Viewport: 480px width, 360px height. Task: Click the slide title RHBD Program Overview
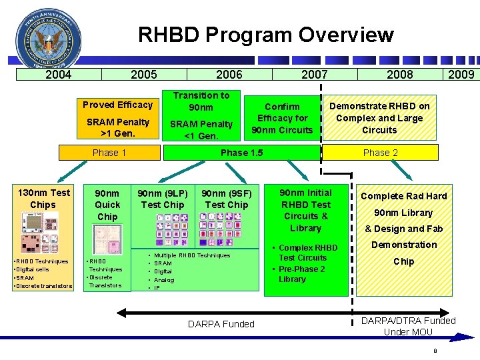[x=265, y=35]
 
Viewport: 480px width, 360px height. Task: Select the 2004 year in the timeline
[x=58, y=75]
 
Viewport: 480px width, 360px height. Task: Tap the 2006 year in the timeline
[x=229, y=75]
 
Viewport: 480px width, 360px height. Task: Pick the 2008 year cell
[x=399, y=75]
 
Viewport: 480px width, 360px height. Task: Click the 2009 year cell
[x=461, y=75]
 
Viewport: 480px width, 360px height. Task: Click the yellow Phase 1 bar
[x=109, y=153]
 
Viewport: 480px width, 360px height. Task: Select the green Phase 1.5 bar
[x=242, y=153]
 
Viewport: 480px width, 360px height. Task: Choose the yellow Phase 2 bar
[x=380, y=153]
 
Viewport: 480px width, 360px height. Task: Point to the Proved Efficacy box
[x=117, y=105]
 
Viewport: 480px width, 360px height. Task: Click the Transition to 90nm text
[x=201, y=101]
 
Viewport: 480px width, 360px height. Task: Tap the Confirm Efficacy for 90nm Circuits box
[x=282, y=118]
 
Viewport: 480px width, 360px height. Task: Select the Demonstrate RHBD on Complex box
[x=379, y=118]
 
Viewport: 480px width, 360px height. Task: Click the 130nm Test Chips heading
[x=43, y=199]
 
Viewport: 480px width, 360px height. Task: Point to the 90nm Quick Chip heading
[x=107, y=205]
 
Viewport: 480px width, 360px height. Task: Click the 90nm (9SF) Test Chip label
[x=227, y=199]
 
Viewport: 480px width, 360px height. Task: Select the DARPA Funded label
[x=221, y=324]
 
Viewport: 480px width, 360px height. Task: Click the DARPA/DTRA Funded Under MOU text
[x=408, y=326]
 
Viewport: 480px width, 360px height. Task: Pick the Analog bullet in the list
[x=164, y=280]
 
